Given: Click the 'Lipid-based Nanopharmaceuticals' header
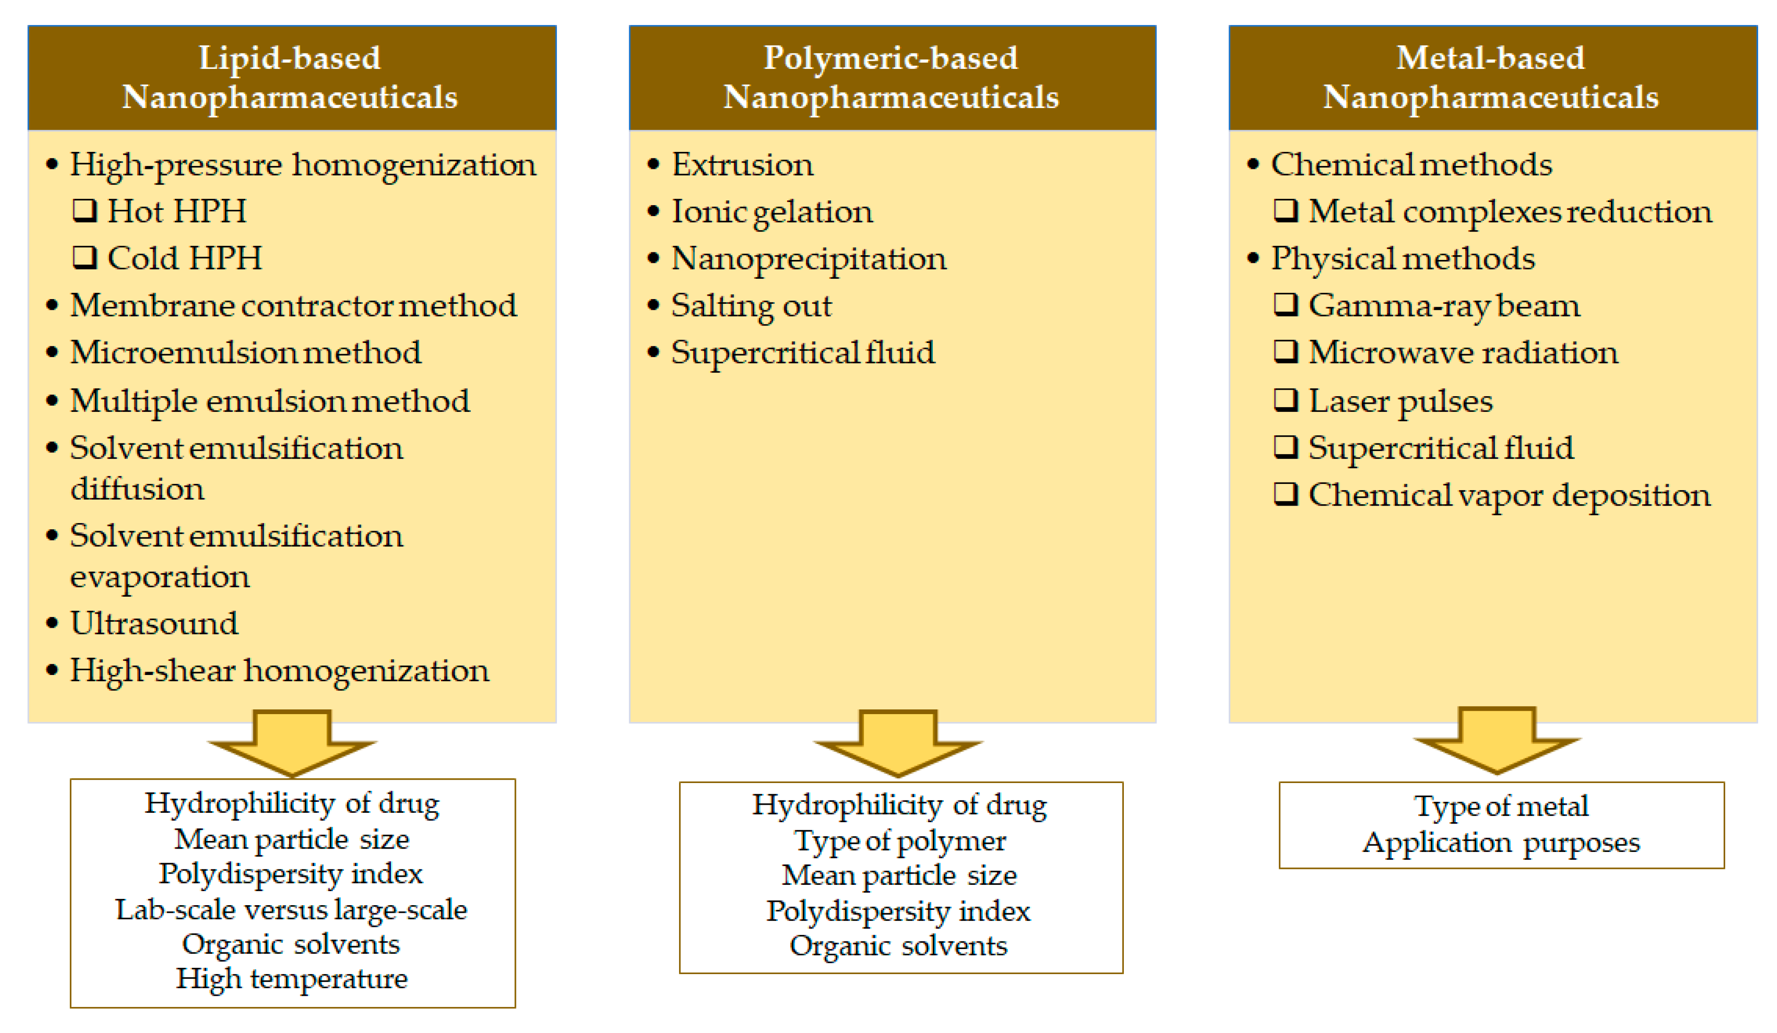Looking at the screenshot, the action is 291,77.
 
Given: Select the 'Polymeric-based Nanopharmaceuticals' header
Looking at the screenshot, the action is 891,77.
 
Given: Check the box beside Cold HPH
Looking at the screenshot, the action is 84,258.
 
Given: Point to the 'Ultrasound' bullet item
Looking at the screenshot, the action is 154,623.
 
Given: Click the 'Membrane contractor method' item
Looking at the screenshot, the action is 293,305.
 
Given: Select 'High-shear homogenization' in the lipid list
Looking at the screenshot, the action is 279,670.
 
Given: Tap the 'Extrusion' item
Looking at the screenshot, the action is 742,164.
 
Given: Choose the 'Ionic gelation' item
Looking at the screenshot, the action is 772,211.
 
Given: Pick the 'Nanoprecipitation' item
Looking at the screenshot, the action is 808,258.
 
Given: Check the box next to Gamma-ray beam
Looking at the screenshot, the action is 1286,305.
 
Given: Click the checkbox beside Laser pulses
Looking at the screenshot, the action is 1286,400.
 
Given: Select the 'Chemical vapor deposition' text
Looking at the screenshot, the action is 1509,495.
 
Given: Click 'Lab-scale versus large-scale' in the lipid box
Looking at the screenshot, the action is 291,909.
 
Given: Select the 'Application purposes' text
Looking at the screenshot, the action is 1501,842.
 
